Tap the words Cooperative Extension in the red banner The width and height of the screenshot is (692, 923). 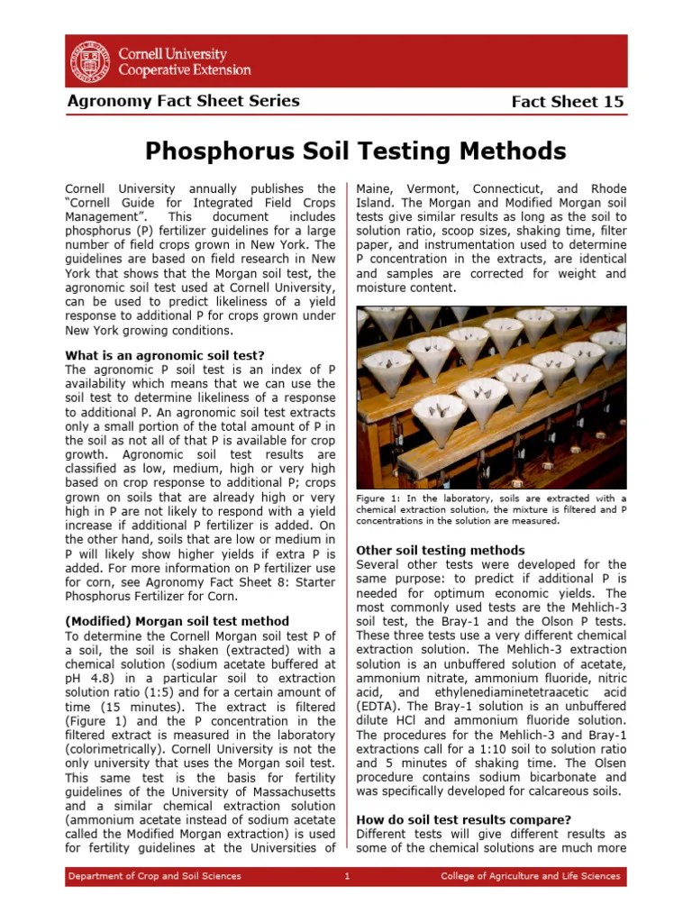186,69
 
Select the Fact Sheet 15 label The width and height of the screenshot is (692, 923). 567,102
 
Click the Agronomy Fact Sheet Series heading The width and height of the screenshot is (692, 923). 183,101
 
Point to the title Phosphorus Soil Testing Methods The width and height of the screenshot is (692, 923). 356,150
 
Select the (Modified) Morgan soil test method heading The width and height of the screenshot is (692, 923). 178,621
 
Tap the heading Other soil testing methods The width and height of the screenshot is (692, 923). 441,550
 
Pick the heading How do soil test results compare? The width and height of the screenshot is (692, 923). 464,819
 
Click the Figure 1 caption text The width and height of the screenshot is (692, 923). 491,509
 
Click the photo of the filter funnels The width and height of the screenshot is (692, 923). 491,396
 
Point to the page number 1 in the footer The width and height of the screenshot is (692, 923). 347,876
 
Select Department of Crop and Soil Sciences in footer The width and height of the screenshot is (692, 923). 155,876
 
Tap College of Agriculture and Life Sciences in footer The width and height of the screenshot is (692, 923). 530,876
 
